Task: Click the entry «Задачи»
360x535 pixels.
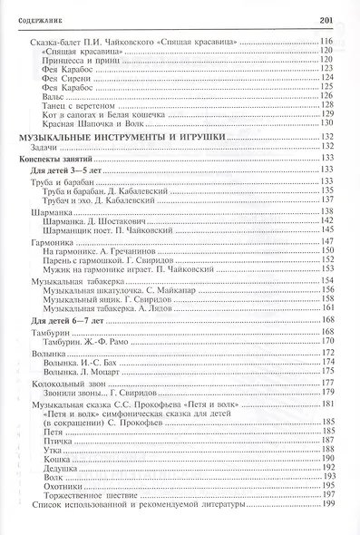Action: coord(43,145)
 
